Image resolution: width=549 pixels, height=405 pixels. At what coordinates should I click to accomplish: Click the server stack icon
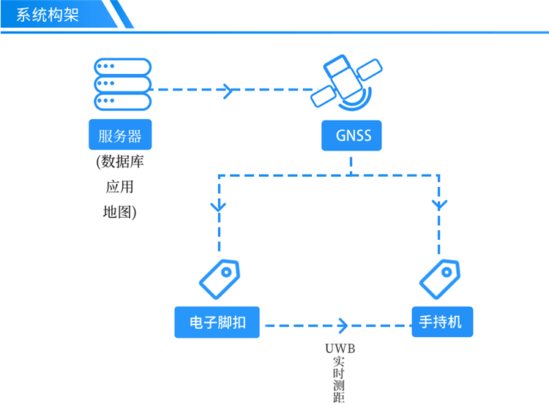[122, 83]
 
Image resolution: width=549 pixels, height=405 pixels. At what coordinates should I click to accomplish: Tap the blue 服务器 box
[120, 135]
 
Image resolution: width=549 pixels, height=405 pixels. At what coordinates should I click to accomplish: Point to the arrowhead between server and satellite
[229, 91]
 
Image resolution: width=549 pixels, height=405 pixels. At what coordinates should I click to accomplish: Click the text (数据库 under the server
[120, 162]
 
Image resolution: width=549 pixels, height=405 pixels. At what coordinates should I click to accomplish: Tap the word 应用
[120, 187]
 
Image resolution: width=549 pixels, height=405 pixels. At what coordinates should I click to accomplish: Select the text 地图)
[120, 213]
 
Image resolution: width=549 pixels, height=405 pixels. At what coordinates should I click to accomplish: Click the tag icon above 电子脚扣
[220, 277]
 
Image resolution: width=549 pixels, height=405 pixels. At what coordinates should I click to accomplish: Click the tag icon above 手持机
[439, 277]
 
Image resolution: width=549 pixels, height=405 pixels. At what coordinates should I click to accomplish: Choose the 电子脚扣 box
[217, 322]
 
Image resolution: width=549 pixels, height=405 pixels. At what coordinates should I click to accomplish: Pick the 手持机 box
[441, 322]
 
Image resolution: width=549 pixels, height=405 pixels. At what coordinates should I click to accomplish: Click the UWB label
[339, 349]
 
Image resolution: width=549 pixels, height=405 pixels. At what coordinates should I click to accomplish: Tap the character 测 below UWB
[338, 385]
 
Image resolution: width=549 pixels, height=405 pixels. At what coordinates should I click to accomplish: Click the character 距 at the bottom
[338, 398]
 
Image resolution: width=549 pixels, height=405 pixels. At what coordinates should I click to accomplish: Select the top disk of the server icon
[122, 67]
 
